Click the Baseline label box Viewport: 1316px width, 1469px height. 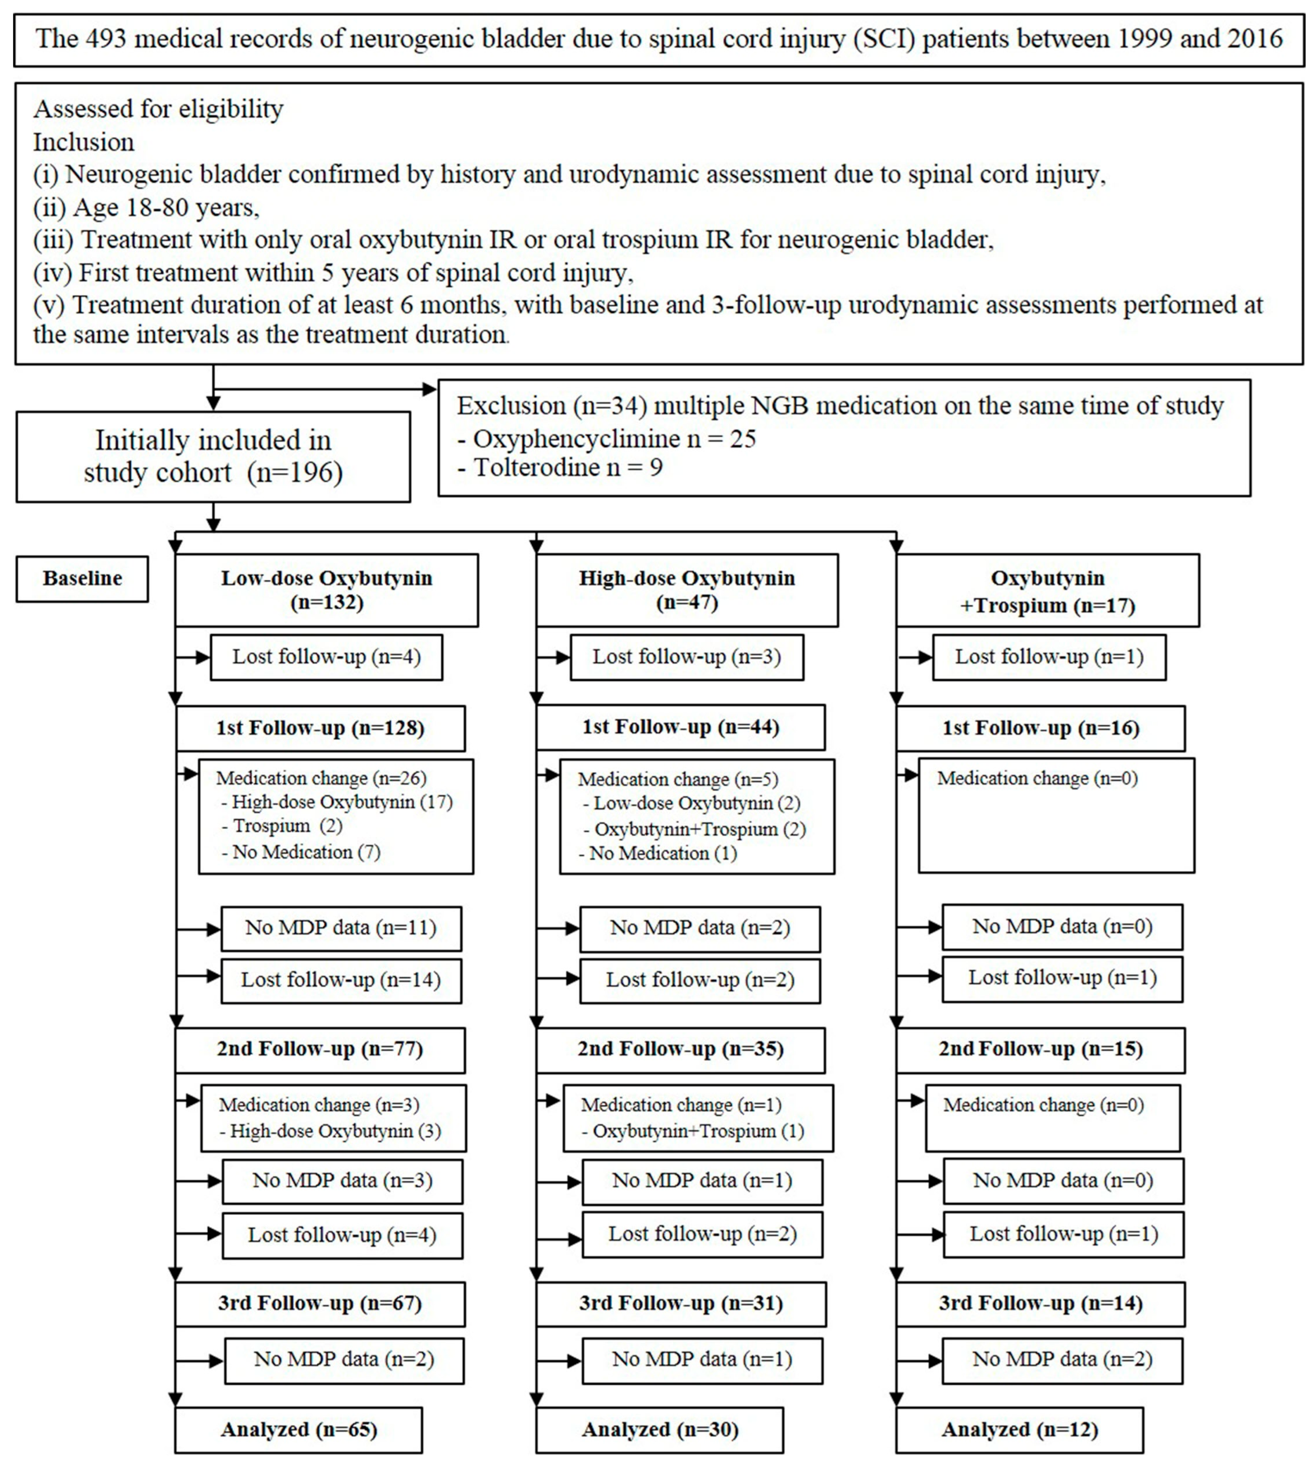[x=82, y=578]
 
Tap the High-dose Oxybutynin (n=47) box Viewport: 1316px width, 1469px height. [x=686, y=590]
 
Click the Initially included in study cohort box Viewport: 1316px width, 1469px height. [x=213, y=456]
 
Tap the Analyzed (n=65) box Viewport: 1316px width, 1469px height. [x=299, y=1429]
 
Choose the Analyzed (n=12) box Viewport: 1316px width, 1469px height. [x=1019, y=1429]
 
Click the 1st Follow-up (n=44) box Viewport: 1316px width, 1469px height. [x=680, y=727]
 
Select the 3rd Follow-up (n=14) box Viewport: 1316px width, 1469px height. [x=1040, y=1303]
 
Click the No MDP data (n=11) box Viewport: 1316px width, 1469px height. [x=341, y=928]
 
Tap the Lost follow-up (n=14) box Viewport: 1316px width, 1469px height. [x=341, y=980]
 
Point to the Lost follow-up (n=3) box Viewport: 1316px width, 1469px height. [x=686, y=657]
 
